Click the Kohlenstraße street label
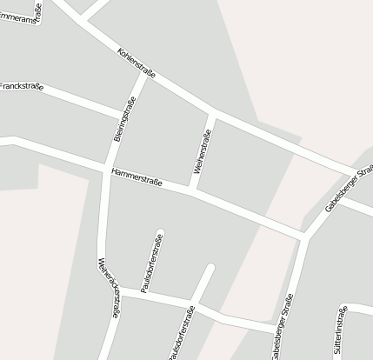[136, 64]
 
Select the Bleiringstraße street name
[124, 123]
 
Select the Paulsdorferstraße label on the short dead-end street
[151, 262]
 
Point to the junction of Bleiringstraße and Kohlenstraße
[144, 76]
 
